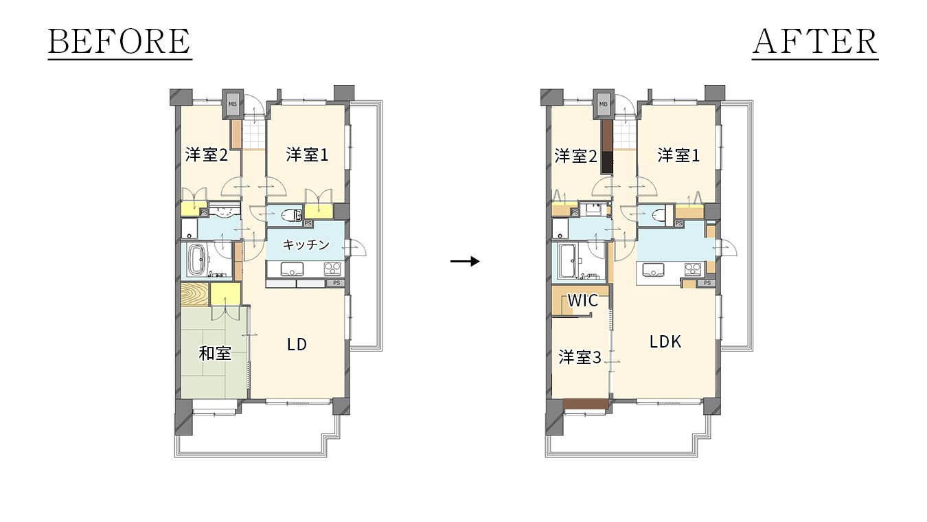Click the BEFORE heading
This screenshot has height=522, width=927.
(119, 42)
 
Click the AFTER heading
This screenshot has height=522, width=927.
(815, 42)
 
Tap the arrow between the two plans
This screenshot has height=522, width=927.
(465, 261)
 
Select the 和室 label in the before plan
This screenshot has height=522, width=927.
(215, 354)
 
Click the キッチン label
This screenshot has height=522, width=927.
(306, 245)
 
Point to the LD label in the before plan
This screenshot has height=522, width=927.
(297, 344)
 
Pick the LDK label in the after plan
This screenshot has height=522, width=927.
(665, 342)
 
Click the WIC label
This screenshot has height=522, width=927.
(582, 301)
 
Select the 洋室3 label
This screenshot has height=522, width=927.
(580, 357)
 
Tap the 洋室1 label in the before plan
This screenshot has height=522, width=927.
(307, 155)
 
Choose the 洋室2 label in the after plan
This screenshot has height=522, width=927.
(575, 156)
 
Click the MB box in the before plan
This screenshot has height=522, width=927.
(233, 104)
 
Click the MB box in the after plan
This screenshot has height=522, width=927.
(604, 104)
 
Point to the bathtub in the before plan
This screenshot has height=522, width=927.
(197, 260)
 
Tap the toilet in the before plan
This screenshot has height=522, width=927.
(292, 215)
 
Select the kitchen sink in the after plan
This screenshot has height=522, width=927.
(654, 270)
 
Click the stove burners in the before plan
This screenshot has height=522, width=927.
(333, 269)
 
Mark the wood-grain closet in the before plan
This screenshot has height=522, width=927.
(195, 295)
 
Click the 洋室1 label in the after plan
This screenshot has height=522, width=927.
(678, 156)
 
